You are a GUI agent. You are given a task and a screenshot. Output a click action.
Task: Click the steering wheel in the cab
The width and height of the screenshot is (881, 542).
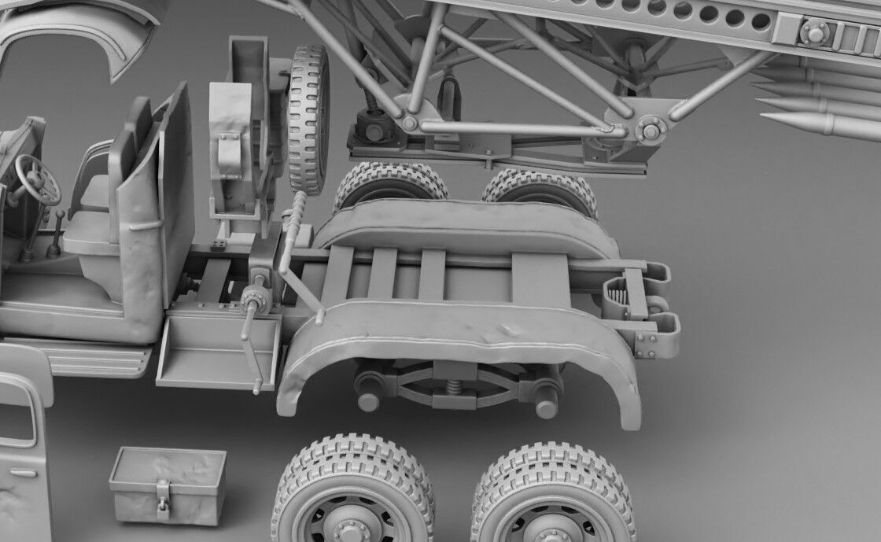(37, 179)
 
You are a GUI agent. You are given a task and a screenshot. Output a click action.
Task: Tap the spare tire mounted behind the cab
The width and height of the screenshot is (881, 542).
(308, 118)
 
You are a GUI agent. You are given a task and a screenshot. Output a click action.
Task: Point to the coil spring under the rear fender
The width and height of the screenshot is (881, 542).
(455, 387)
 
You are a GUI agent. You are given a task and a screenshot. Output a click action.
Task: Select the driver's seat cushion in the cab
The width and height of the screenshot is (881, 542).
(88, 237)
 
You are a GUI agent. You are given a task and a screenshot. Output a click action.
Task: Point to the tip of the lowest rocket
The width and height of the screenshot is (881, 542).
(767, 119)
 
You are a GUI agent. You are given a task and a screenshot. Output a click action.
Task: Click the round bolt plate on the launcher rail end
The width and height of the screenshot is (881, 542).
(814, 32)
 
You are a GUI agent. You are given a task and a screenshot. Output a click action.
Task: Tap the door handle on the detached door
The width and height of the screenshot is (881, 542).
(24, 473)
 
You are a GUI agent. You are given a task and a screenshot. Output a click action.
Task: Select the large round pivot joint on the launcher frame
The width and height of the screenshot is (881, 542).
(651, 129)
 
